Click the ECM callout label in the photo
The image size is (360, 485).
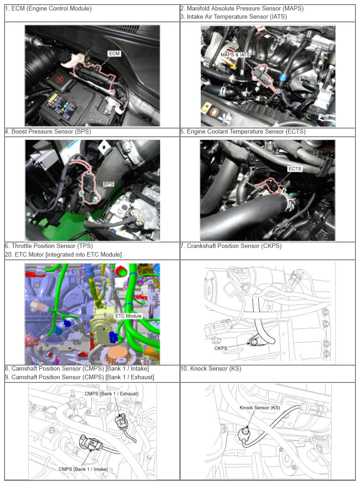tap(114, 53)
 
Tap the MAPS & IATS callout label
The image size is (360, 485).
tap(235, 55)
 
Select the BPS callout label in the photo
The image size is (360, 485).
tap(109, 184)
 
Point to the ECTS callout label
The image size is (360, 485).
tap(294, 169)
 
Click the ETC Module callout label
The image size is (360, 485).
tap(129, 316)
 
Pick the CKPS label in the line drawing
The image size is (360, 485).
tap(221, 348)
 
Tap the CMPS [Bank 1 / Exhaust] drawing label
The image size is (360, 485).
tap(111, 394)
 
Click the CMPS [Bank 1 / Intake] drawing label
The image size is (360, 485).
tap(83, 469)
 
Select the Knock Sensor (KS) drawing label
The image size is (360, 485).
tap(260, 408)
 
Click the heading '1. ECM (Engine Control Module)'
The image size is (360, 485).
tap(48, 9)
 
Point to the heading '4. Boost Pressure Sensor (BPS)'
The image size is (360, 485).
tap(48, 131)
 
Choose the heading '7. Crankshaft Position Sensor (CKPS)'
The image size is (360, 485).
tap(231, 246)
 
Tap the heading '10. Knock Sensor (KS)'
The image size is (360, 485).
tap(211, 368)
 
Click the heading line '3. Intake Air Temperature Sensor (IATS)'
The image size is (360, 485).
tap(234, 17)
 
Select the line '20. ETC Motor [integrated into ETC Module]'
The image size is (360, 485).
tap(63, 254)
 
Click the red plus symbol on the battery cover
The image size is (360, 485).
tap(59, 79)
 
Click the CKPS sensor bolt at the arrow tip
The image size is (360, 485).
tap(253, 342)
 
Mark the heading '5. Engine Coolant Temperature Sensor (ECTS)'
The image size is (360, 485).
tap(243, 131)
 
